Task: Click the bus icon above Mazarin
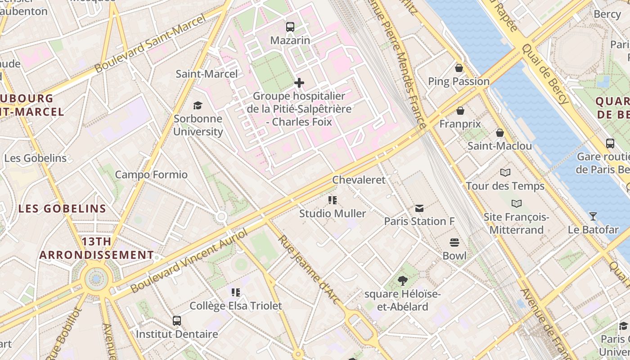(290, 27)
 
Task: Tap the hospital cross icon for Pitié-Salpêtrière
(299, 83)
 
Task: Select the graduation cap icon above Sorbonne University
(198, 105)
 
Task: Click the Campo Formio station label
(151, 175)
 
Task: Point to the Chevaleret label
(359, 180)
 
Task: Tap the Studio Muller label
(333, 213)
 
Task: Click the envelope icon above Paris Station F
(419, 208)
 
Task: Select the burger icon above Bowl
(454, 243)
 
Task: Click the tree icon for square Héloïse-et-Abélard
(403, 281)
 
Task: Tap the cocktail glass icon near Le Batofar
(593, 216)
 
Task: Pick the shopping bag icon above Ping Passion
(459, 68)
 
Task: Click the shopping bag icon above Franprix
(460, 111)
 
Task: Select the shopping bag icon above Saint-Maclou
(499, 133)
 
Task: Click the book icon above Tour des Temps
(505, 172)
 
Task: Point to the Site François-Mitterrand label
(516, 224)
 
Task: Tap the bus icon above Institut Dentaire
(177, 321)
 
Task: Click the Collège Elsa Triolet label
(236, 306)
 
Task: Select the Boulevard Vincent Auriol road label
(189, 260)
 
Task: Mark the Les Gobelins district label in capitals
(62, 209)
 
